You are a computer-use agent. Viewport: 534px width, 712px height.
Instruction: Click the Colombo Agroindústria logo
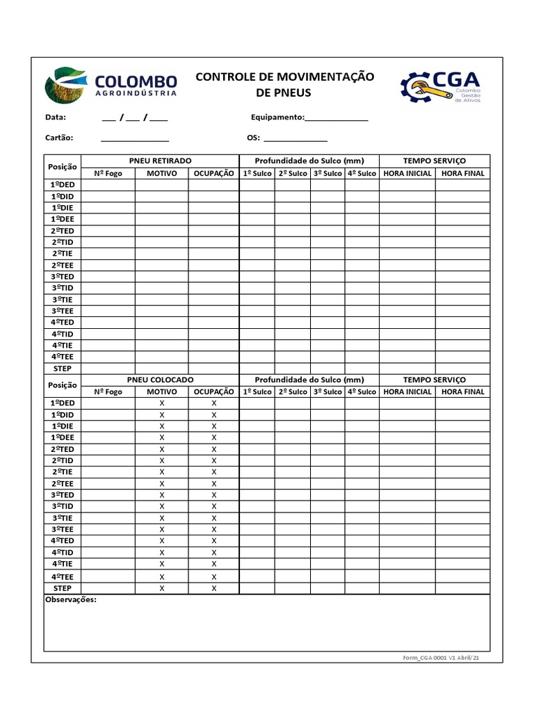[x=111, y=85]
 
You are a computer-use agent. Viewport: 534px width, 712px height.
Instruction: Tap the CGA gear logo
[x=440, y=86]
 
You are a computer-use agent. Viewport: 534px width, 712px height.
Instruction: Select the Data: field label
[x=56, y=118]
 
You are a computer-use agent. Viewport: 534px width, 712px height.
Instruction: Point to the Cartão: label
[x=59, y=138]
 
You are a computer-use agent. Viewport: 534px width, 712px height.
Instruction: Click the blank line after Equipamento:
[x=337, y=119]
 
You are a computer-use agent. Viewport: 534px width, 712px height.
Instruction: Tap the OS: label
[x=254, y=138]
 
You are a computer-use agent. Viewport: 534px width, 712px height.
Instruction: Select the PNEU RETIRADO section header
[x=161, y=161]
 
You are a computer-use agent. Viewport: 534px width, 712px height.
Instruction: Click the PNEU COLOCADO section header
[x=161, y=380]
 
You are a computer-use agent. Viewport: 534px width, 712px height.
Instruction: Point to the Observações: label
[x=70, y=599]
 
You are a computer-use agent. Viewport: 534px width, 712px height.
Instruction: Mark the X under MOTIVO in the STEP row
[x=162, y=588]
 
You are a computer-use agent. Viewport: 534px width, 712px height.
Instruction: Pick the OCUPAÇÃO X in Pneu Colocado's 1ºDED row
[x=214, y=403]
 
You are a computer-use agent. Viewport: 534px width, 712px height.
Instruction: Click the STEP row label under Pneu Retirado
[x=63, y=369]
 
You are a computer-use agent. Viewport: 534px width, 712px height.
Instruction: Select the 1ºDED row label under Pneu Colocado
[x=63, y=403]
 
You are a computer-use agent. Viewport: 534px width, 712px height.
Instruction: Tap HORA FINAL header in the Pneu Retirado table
[x=463, y=173]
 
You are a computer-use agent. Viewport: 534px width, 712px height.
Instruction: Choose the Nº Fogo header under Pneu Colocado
[x=108, y=391]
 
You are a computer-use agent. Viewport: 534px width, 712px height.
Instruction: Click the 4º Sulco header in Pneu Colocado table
[x=362, y=391]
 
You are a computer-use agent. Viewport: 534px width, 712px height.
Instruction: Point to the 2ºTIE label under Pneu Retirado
[x=63, y=254]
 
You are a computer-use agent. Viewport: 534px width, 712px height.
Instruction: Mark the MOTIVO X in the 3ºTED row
[x=162, y=495]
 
